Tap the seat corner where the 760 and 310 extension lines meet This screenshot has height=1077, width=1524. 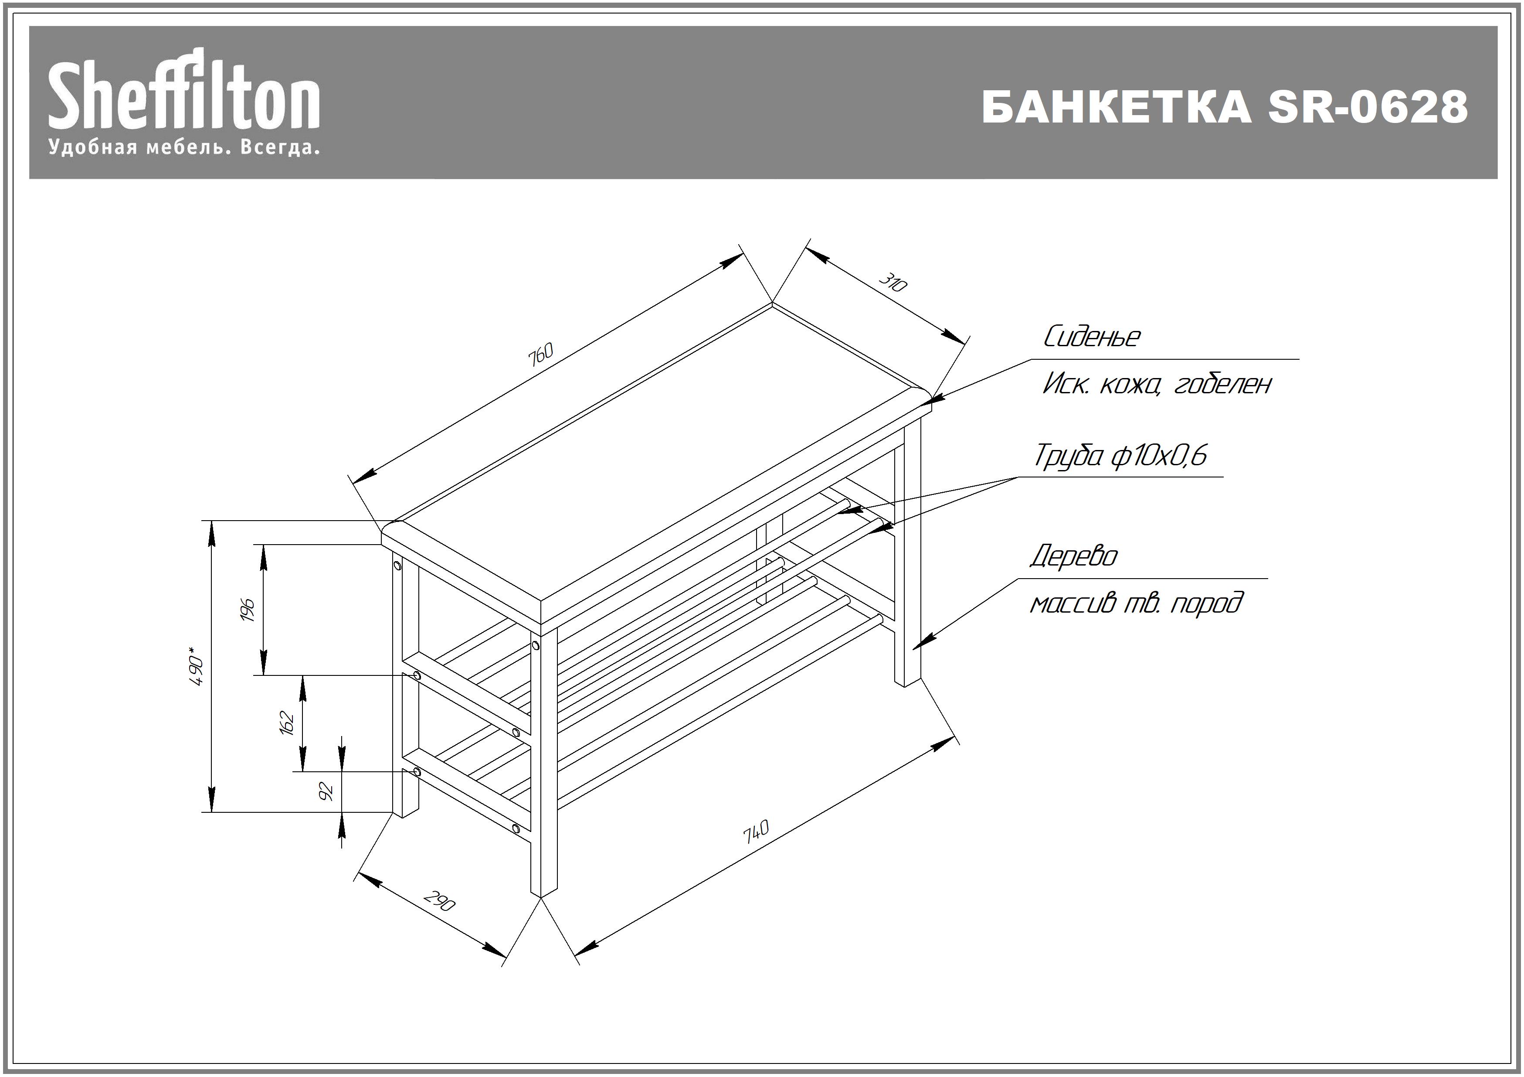coord(772,303)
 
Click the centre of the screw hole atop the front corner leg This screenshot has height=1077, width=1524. coord(536,645)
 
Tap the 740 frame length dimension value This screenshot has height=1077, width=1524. coord(756,832)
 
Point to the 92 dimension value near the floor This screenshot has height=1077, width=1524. coord(326,791)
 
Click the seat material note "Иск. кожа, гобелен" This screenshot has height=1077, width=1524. coord(1156,384)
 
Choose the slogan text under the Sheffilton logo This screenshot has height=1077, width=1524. coord(184,147)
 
